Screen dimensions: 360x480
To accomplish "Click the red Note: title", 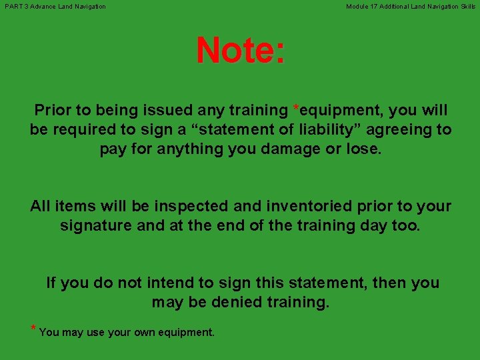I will point(241,51).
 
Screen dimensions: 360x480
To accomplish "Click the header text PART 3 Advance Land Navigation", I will point(55,7).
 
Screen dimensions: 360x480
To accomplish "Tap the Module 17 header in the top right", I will point(411,7).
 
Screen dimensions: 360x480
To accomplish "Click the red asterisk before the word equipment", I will point(296,108).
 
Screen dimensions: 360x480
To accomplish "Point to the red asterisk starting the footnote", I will point(33,329).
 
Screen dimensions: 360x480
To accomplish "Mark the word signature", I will point(97,225).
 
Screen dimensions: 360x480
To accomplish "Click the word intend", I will point(168,283).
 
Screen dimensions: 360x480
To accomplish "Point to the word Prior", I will point(52,110).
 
